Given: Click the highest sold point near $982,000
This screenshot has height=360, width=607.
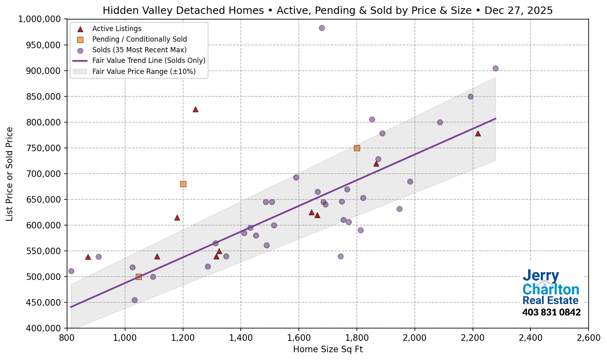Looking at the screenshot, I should tap(322, 28).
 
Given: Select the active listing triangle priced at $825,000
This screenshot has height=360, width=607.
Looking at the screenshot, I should tap(195, 109).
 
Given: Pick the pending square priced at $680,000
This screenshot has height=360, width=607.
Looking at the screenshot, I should tap(183, 184).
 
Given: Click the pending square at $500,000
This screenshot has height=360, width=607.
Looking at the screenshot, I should tap(139, 277).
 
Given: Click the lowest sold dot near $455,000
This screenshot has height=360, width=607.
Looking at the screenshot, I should tap(134, 300).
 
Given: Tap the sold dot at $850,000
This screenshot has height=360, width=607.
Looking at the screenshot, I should tap(470, 96).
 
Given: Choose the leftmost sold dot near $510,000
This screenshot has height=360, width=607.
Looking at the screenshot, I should tap(71, 271).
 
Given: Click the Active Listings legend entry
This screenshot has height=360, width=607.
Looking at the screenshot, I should tap(116, 29).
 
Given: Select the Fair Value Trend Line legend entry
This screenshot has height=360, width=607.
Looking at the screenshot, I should tap(148, 60).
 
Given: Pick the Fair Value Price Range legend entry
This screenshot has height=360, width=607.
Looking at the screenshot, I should tap(143, 72).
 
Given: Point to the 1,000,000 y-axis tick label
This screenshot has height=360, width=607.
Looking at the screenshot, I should tap(40, 19).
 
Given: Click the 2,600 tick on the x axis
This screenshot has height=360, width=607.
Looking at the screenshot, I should tap(588, 338).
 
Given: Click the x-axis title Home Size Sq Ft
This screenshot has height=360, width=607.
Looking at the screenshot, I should tap(328, 349).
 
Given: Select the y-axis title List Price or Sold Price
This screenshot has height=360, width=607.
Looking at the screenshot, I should tap(9, 174).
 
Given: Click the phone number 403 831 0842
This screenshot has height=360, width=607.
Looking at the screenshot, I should tap(551, 312).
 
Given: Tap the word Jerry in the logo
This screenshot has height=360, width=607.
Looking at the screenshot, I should tap(541, 276).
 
